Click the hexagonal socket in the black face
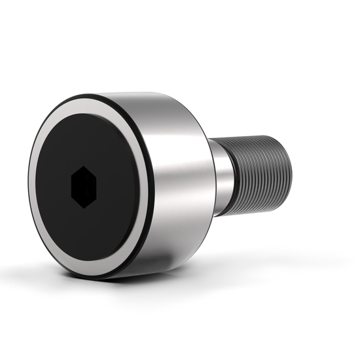(83, 187)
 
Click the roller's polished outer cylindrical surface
(177, 196)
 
